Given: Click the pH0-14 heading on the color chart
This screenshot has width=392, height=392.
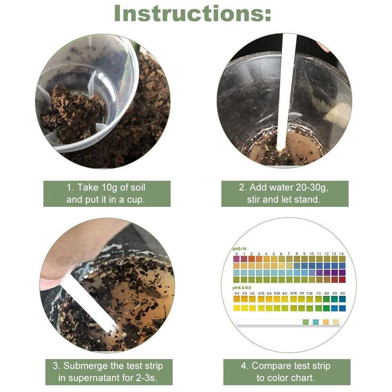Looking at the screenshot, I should coord(240,249).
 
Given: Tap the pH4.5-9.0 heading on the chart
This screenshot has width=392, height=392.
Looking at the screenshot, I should coord(242,288).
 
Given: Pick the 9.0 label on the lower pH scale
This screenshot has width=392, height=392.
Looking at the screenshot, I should coord(343,293).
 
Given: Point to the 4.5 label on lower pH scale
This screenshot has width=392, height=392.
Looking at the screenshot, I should coord(237,293).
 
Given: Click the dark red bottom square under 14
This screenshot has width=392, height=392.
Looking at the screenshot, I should coord(342,279).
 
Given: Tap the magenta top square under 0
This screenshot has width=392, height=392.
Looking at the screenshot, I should coord(236,259).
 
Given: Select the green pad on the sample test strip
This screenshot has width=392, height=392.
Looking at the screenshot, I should coord(306,322).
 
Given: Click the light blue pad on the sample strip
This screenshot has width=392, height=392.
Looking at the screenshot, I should coord(316,322).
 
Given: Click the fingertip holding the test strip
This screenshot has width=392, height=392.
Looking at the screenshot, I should coord(55,274).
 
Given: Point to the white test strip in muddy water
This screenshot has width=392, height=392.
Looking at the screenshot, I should coord(90,302).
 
